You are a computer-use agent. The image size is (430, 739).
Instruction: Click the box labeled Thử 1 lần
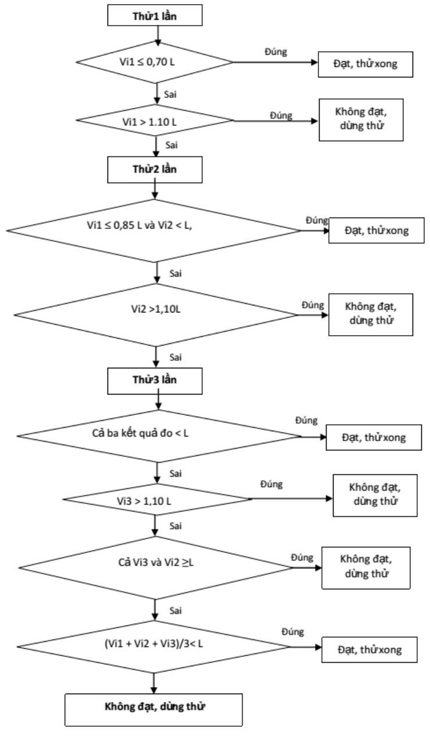click(x=155, y=15)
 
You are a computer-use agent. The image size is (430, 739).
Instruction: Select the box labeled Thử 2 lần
click(x=155, y=169)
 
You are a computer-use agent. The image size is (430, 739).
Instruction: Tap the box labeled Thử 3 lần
click(x=155, y=381)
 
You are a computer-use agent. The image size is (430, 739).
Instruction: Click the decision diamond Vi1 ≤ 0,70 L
click(x=155, y=62)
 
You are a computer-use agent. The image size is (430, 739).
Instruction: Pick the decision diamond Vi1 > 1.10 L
click(x=155, y=120)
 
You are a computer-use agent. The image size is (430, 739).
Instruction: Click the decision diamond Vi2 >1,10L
click(x=156, y=315)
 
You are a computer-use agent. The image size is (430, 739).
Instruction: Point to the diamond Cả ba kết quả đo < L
click(x=159, y=436)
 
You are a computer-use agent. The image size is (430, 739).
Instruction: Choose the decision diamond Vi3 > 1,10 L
click(x=157, y=499)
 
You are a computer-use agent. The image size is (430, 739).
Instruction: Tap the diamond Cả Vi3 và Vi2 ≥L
click(x=156, y=568)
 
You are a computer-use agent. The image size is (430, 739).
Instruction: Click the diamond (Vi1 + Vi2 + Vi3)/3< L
click(x=153, y=646)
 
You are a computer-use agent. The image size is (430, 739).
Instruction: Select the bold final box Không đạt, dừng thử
click(x=153, y=710)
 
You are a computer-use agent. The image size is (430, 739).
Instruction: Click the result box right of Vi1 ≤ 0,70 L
click(x=365, y=65)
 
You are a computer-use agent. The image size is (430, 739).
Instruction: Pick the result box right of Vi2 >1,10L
click(x=371, y=315)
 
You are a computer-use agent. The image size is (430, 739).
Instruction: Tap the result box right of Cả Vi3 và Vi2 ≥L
click(x=366, y=568)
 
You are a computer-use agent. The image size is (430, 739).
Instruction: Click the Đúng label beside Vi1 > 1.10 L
click(x=281, y=115)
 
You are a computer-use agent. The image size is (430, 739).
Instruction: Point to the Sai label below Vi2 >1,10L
click(x=175, y=357)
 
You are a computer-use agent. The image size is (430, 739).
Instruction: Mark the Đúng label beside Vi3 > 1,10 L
click(x=271, y=484)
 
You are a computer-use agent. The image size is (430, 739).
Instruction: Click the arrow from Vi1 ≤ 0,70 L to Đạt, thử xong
click(x=275, y=62)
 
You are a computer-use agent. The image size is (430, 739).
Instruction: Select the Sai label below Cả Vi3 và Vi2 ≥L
click(x=175, y=610)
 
